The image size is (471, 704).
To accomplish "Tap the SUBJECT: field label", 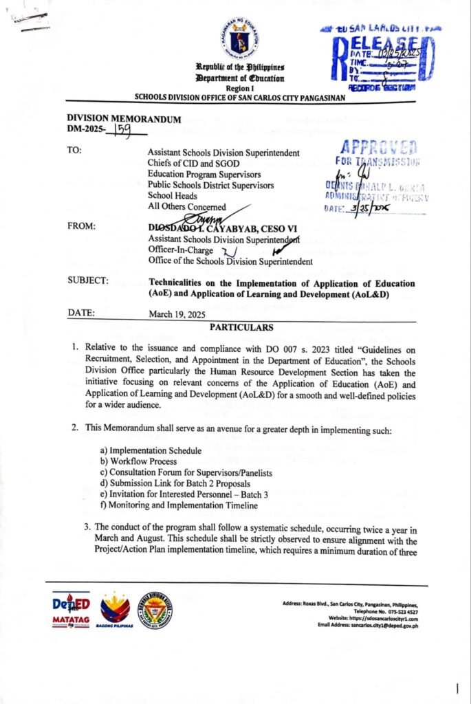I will (x=87, y=280).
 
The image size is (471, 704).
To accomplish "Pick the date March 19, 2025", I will (x=177, y=315).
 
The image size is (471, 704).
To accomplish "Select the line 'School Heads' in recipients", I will (x=173, y=195).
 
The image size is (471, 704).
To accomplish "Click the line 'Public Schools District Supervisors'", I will (x=210, y=185).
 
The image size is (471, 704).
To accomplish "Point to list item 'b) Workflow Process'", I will (x=138, y=461).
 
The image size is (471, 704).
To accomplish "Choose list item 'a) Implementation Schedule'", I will (x=151, y=450).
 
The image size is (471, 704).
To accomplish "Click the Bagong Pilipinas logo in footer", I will (x=115, y=608).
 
